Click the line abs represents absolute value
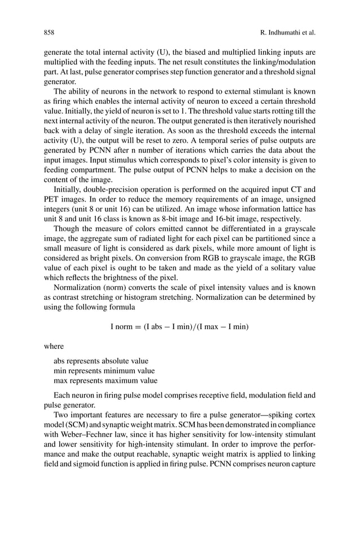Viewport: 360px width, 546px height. click(101, 360)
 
